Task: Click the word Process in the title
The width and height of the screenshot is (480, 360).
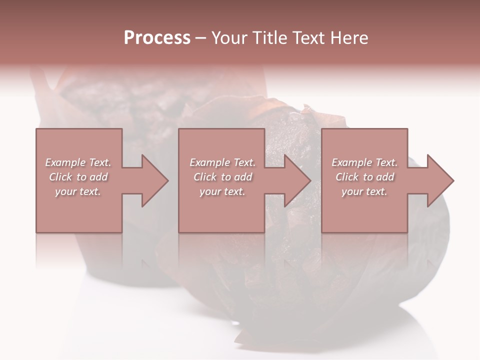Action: coord(157,37)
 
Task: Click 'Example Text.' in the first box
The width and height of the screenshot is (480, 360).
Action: coord(78,162)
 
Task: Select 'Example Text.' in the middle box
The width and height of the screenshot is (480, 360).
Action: coord(222,162)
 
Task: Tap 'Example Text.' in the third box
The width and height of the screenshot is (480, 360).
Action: coord(364,162)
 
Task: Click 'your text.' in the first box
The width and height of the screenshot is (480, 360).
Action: coord(78,191)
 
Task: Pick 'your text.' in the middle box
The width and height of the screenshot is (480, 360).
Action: coord(222,191)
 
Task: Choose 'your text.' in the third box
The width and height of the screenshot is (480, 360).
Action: coord(364,191)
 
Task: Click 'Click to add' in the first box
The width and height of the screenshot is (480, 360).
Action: coord(78,177)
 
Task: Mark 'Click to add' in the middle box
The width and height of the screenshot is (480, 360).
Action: coord(222,177)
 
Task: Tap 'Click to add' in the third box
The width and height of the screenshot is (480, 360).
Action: coord(364,177)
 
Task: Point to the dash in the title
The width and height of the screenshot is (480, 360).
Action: coord(200,38)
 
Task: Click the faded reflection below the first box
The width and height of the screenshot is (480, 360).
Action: coord(78,250)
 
